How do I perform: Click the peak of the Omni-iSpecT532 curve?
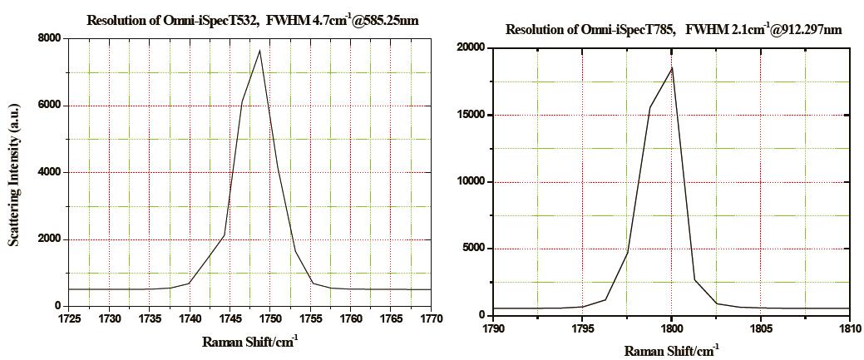(x=259, y=51)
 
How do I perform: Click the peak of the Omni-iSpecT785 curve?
(x=672, y=67)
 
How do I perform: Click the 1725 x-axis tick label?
(x=69, y=318)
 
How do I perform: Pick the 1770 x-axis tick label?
(x=431, y=318)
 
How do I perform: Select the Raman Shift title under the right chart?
(x=670, y=350)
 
